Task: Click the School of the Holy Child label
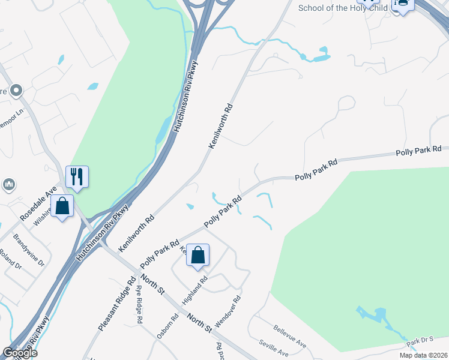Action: pyautogui.click(x=343, y=8)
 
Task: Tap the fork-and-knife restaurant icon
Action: pyautogui.click(x=77, y=176)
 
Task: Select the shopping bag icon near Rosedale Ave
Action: pyautogui.click(x=62, y=206)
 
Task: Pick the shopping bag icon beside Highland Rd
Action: pyautogui.click(x=197, y=256)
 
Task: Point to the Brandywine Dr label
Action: pyautogui.click(x=29, y=250)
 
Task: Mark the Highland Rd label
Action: pyautogui.click(x=195, y=289)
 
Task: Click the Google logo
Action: pyautogui.click(x=19, y=353)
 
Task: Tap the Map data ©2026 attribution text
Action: pyautogui.click(x=423, y=355)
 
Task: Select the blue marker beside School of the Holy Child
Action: pyautogui.click(x=402, y=5)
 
